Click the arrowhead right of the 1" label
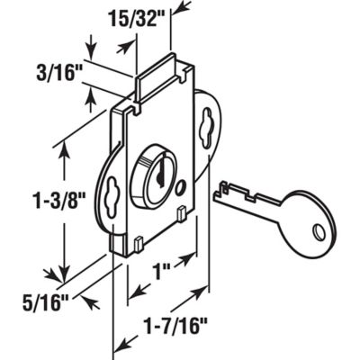point(192,259)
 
